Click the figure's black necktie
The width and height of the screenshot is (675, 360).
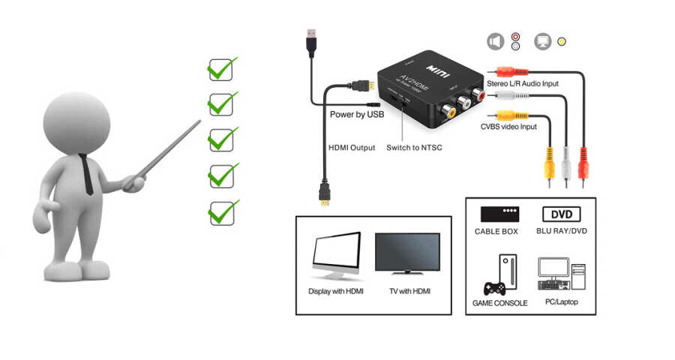pos(87,174)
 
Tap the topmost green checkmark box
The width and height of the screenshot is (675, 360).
pos(220,70)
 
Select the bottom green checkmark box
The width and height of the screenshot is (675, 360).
pos(220,212)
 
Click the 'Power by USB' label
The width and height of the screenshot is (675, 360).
pos(357,114)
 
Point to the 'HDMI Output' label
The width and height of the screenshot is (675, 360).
pos(352,148)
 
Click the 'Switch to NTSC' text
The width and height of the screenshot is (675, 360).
pos(414,148)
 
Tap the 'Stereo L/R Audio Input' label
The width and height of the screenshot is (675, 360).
pos(523,83)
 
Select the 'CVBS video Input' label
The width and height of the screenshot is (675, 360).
pos(508,127)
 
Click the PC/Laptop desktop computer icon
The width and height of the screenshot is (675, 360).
pos(559,274)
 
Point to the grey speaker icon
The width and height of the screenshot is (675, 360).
pos(495,41)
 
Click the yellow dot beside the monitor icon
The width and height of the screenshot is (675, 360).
pos(562,42)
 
